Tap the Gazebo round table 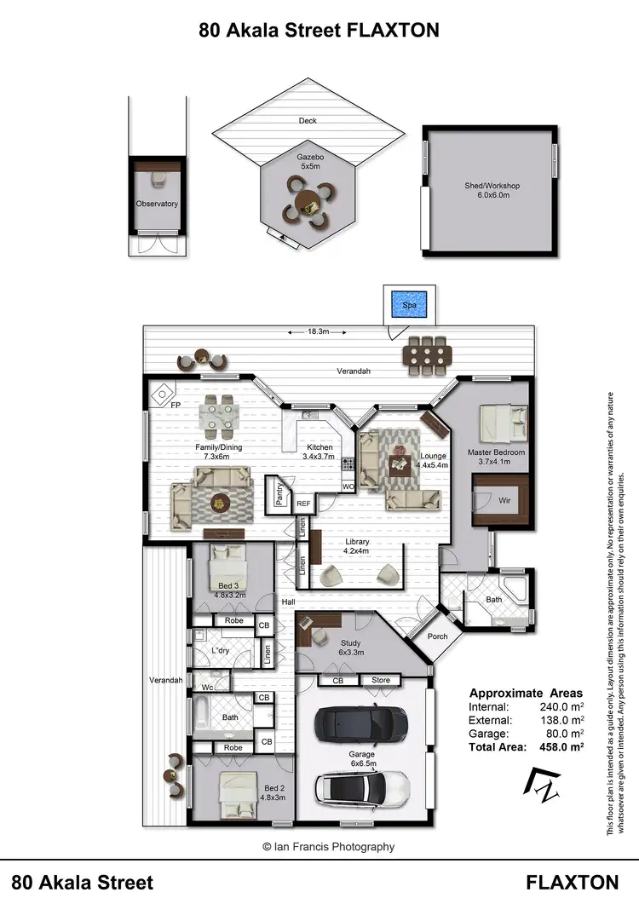(307, 202)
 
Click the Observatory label (157, 204)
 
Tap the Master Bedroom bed (496, 422)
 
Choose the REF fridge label (303, 504)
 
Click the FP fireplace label (176, 406)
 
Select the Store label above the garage (380, 680)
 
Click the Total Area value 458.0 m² (555, 746)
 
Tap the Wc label (207, 687)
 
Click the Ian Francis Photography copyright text (329, 846)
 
